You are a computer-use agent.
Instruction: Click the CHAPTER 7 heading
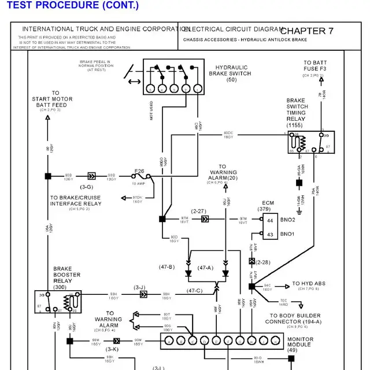(x=307, y=31)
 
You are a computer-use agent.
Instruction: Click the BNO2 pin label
(x=287, y=220)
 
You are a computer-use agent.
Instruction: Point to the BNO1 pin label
(x=287, y=234)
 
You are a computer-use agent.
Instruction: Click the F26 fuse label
(x=139, y=171)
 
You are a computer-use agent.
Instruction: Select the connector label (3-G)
(x=87, y=187)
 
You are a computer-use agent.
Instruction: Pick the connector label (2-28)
(x=264, y=262)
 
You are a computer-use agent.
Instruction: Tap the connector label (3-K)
(x=112, y=349)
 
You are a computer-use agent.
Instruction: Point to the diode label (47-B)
(x=166, y=267)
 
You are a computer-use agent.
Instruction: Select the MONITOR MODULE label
(x=300, y=345)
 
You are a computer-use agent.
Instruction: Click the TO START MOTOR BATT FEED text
(x=53, y=99)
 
